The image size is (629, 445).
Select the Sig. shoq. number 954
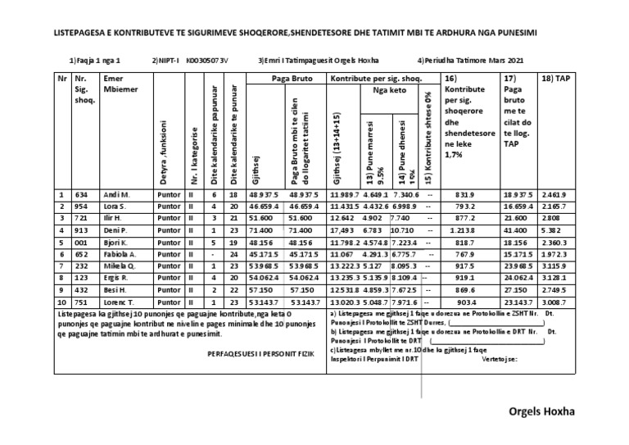coord(81,207)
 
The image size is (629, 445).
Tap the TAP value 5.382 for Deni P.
coord(551,231)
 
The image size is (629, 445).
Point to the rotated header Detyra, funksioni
coord(164,151)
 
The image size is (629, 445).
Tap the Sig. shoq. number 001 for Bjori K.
coord(81,243)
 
